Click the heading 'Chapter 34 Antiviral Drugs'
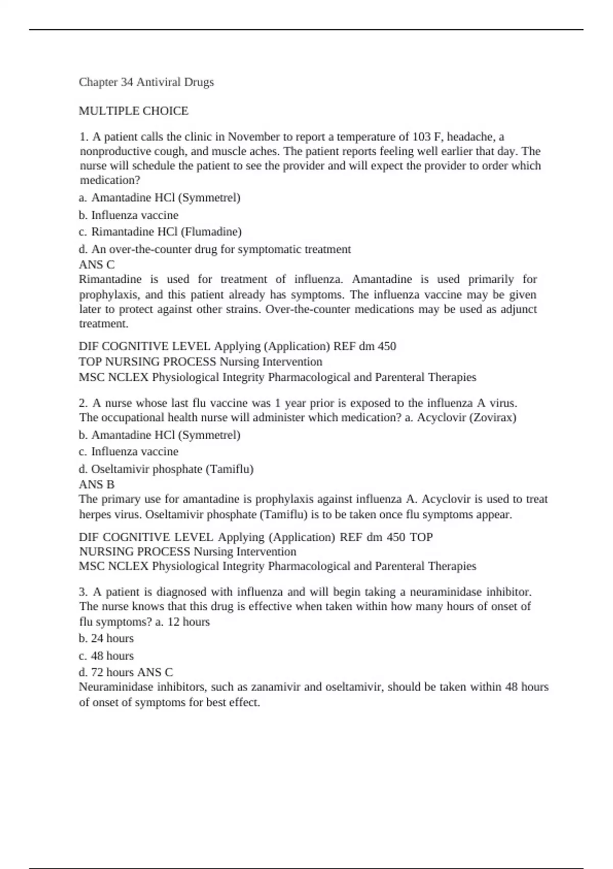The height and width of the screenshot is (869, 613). (146, 82)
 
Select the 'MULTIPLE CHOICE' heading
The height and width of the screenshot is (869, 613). (133, 111)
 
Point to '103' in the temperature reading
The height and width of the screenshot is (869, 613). (422, 137)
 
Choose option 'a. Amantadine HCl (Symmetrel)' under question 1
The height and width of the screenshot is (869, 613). (159, 198)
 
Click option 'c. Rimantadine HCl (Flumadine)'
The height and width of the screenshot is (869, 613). (160, 232)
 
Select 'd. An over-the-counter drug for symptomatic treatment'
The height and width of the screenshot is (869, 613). (215, 249)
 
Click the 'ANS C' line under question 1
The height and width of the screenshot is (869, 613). (97, 265)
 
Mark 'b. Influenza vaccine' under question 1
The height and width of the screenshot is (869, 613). (128, 215)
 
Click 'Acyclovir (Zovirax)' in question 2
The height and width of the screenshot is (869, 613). (466, 418)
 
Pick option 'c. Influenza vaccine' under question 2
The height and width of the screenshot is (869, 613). (128, 452)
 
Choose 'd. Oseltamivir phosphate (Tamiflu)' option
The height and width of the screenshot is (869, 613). (166, 469)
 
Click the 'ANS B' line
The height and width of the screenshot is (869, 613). (97, 485)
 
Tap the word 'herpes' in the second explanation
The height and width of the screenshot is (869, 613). (95, 514)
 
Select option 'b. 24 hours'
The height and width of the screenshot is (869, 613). (106, 638)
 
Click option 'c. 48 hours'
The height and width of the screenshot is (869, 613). (106, 656)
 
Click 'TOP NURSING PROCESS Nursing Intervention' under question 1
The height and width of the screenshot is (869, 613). (200, 362)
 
